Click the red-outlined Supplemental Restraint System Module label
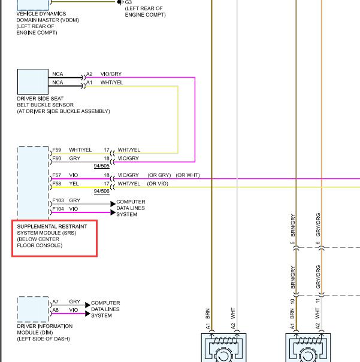pyautogui.click(x=55, y=238)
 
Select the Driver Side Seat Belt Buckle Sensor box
pyautogui.click(x=33, y=81)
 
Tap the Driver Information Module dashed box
pyautogui.click(x=33, y=309)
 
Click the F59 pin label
pyautogui.click(x=57, y=150)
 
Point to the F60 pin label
pyautogui.click(x=57, y=159)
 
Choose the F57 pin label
pyautogui.click(x=57, y=175)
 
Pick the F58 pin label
pyautogui.click(x=57, y=184)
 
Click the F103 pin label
pyautogui.click(x=58, y=200)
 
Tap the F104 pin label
pyautogui.click(x=58, y=209)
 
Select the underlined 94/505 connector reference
pyautogui.click(x=101, y=166)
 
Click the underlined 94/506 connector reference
pyautogui.click(x=101, y=191)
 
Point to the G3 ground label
pyautogui.click(x=128, y=2)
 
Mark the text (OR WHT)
pyautogui.click(x=187, y=175)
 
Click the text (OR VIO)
pyautogui.click(x=158, y=184)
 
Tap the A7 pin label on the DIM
pyautogui.click(x=56, y=302)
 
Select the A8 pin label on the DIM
pyautogui.click(x=56, y=310)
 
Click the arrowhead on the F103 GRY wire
pyautogui.click(x=113, y=204)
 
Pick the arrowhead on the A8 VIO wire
pyautogui.click(x=87, y=314)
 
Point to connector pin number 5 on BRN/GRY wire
pyautogui.click(x=292, y=243)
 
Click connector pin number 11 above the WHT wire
pyautogui.click(x=317, y=301)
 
